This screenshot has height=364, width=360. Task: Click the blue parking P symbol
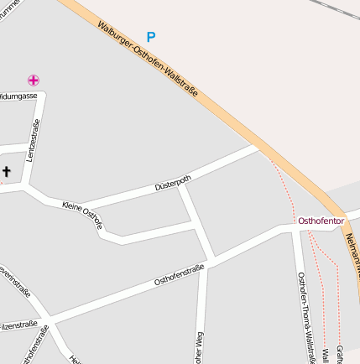151,37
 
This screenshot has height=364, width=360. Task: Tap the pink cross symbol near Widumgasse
33,81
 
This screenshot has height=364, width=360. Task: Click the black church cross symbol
6,172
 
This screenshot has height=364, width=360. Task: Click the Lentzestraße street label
34,140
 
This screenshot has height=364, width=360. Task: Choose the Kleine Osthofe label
82,213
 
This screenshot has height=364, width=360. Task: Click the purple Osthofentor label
321,221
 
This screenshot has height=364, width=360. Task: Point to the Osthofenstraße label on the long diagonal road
179,275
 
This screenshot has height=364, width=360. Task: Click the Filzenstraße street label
18,324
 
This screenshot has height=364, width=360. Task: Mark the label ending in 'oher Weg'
200,347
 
